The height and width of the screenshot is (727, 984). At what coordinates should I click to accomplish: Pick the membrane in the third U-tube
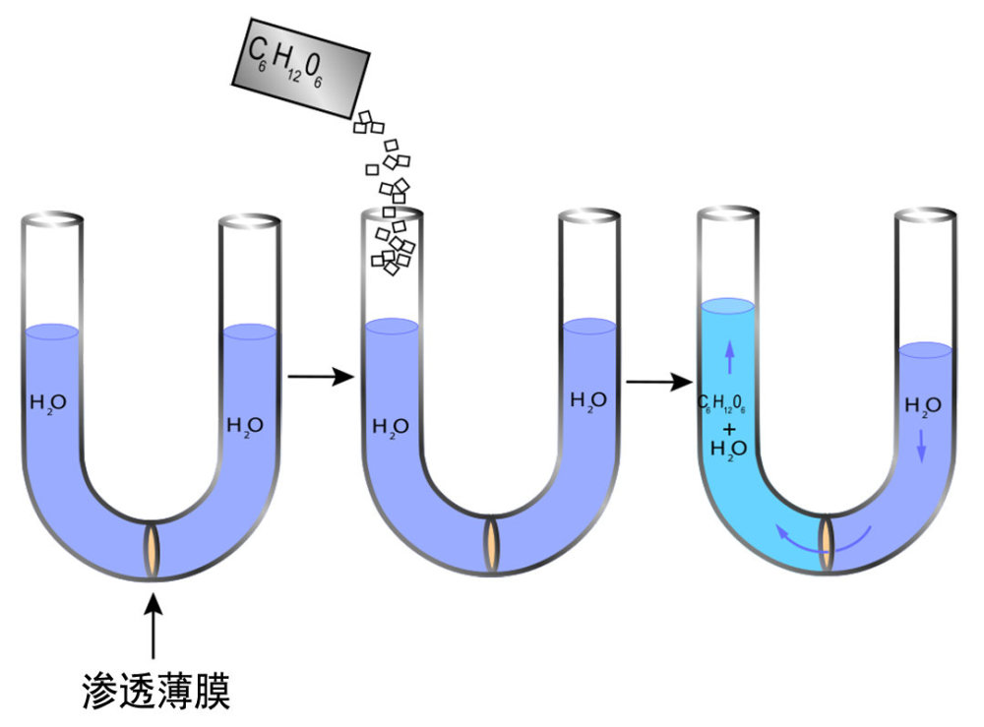point(828,541)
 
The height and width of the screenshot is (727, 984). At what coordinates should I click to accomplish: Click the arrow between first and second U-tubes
point(321,376)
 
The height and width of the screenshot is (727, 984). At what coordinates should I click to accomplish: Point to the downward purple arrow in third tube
point(922,448)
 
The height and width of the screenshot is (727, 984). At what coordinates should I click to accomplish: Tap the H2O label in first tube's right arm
point(245,426)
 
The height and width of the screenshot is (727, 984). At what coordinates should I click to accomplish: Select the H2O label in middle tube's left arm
point(391,426)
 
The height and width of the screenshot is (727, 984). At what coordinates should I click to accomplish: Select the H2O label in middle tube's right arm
point(588,400)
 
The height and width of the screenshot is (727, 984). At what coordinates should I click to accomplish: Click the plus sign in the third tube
point(728,429)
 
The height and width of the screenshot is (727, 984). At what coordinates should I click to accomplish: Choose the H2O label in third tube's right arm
point(922,404)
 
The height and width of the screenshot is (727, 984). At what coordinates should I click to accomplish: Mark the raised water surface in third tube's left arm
point(728,307)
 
